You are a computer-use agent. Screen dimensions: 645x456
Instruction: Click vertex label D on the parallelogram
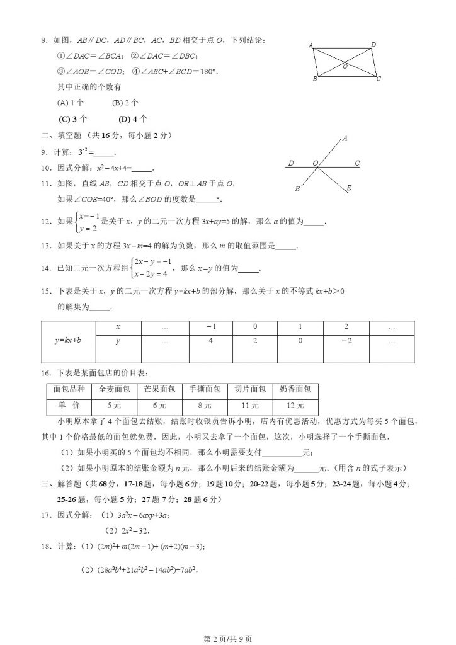click(x=374, y=44)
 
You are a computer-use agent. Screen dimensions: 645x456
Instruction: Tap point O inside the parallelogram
click(x=345, y=65)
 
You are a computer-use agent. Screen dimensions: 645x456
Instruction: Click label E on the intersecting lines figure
click(x=349, y=188)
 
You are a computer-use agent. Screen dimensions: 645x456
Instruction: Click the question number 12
click(x=45, y=222)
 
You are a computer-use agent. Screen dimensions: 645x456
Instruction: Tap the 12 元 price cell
click(x=295, y=405)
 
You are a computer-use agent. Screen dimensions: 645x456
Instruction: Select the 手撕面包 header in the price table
click(x=204, y=389)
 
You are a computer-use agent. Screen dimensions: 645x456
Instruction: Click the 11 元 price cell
click(x=250, y=405)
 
